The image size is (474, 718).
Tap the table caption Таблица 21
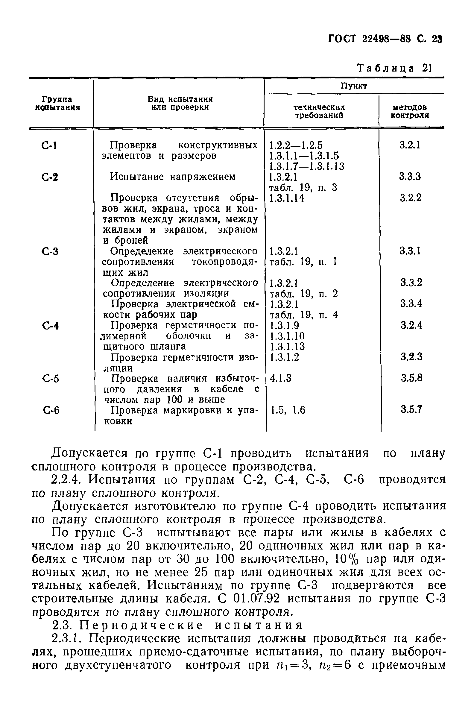coord(395,68)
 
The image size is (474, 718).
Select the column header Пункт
coord(354,86)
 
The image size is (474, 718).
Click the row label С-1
coord(49,146)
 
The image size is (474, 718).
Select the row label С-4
coord(50,326)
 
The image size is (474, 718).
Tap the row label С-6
coord(51,410)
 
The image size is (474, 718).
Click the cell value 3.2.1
coord(410,145)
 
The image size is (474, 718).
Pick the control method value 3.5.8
coord(411,378)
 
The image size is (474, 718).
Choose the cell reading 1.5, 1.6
coord(288,410)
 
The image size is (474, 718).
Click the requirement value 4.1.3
coord(280,378)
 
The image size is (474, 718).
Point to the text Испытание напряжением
coord(173,177)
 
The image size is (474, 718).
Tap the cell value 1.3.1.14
coord(287,198)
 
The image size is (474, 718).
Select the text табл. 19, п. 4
coord(303,315)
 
